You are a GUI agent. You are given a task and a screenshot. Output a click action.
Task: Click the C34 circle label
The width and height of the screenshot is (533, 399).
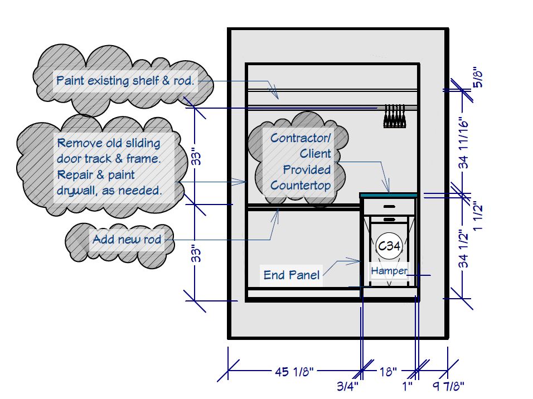(x=389, y=245)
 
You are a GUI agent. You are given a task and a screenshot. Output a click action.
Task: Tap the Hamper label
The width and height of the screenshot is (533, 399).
(x=389, y=271)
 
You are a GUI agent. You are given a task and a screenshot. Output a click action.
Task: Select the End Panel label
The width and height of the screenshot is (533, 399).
(x=292, y=275)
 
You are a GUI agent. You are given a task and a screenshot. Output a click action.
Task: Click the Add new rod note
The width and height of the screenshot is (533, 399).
(x=127, y=240)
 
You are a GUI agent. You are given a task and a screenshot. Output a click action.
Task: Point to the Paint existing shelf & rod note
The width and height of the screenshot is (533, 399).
(x=125, y=81)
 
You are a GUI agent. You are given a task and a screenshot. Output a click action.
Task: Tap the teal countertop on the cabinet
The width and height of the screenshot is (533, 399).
(x=389, y=195)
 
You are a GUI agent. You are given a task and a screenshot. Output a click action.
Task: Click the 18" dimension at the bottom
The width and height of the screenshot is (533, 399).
(x=388, y=371)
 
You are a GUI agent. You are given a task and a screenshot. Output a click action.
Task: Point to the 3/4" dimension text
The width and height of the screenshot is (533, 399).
(x=348, y=386)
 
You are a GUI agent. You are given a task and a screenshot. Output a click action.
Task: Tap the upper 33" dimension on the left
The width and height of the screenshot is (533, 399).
(x=195, y=155)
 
